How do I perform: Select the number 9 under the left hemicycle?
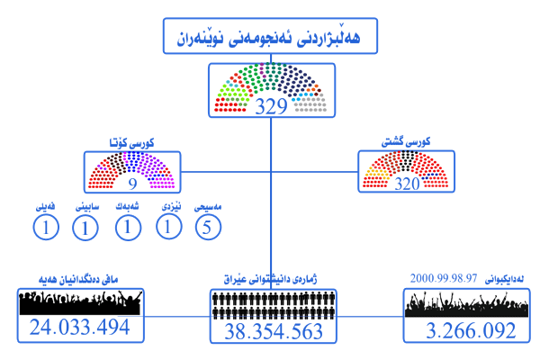click(133, 184)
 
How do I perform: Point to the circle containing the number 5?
click(208, 228)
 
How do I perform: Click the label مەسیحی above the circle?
click(208, 207)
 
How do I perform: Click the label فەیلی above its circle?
click(46, 207)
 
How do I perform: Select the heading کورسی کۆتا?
click(133, 143)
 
